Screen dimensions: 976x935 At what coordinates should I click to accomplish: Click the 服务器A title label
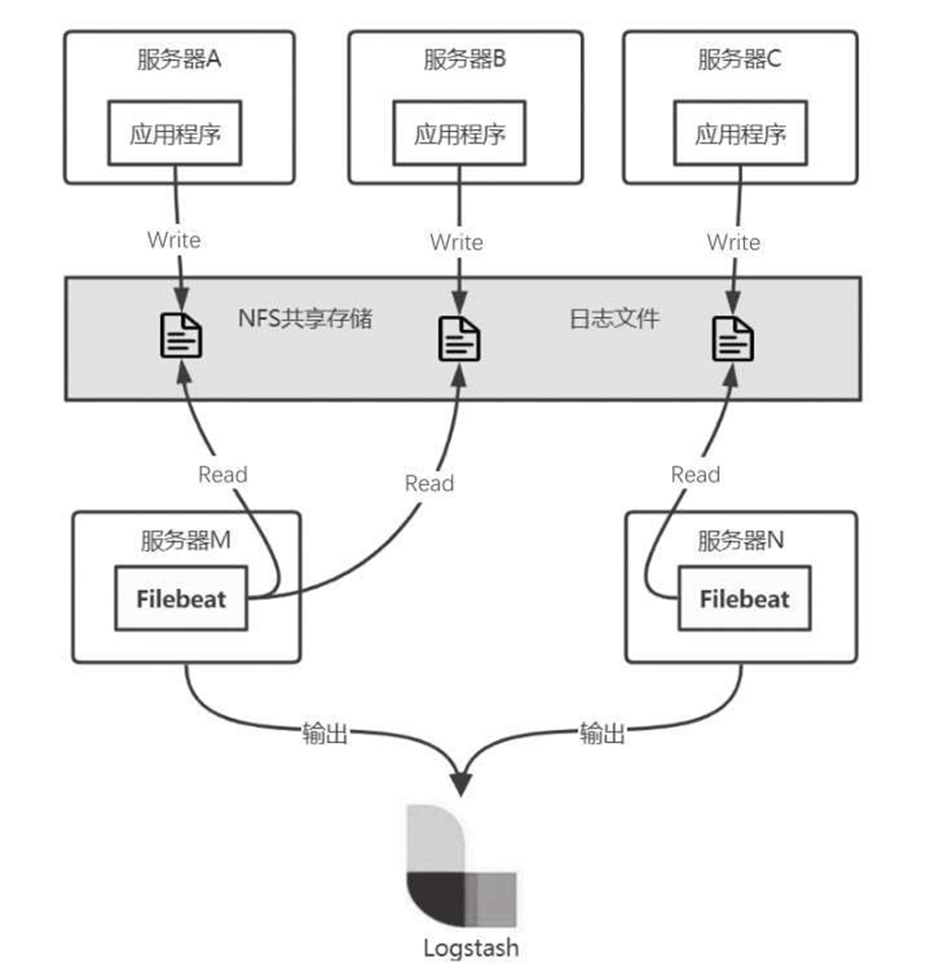[x=179, y=59]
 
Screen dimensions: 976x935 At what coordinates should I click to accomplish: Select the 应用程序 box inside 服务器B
[x=460, y=134]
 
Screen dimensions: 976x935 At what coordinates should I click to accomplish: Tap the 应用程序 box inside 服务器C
[x=740, y=134]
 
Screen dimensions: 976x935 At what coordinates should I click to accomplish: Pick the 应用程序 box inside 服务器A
[x=176, y=134]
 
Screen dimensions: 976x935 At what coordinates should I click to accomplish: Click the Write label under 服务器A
[x=175, y=240]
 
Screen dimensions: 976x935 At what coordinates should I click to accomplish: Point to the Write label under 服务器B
[x=457, y=241]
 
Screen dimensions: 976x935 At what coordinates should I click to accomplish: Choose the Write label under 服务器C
[x=733, y=242]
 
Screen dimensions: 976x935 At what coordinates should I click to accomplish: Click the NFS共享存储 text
[x=305, y=318]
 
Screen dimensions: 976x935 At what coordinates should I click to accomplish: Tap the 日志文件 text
[x=613, y=318]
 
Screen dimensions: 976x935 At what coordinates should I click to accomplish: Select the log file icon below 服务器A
[x=180, y=337]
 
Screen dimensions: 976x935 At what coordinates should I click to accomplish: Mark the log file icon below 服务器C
[x=734, y=340]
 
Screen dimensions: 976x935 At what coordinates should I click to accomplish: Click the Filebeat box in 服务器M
[x=181, y=599]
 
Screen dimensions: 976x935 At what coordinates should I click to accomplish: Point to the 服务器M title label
[x=185, y=541]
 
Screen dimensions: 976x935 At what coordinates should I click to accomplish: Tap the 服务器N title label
[x=740, y=541]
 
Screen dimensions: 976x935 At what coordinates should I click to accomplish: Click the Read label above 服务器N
[x=695, y=474]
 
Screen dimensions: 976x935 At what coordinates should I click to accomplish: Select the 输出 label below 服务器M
[x=324, y=733]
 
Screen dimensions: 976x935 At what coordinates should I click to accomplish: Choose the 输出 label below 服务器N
[x=602, y=733]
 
